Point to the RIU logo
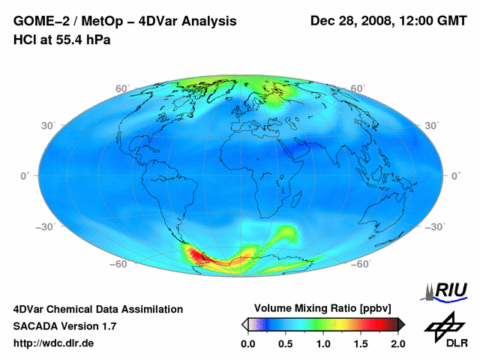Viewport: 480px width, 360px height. click(448, 290)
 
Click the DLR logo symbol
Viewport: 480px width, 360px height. click(443, 324)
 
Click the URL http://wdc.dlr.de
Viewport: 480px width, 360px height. click(54, 343)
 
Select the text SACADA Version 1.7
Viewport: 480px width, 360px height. click(64, 326)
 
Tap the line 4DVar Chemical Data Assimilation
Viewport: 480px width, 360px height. click(97, 309)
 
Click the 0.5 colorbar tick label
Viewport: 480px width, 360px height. click(286, 343)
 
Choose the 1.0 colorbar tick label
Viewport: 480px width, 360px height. click(323, 343)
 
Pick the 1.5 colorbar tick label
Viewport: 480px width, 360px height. click(361, 343)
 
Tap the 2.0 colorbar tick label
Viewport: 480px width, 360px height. click(397, 343)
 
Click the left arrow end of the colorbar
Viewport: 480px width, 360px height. click(244, 324)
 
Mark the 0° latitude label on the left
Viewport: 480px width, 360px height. click(23, 175)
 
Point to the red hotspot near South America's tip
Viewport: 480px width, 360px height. click(199, 256)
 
